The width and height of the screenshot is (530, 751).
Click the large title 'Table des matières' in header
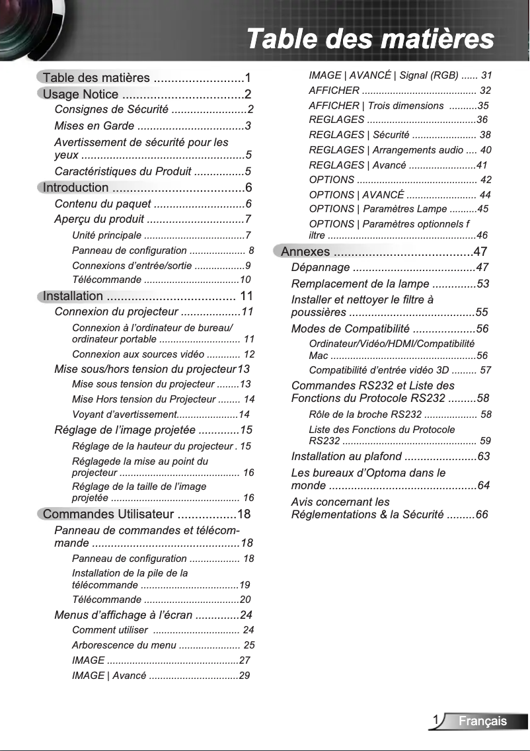(x=369, y=38)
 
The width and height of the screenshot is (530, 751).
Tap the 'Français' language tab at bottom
(x=483, y=721)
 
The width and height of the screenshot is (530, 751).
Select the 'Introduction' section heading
(x=75, y=188)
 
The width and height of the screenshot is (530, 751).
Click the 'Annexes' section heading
(x=305, y=252)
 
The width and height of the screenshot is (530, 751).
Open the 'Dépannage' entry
(x=321, y=268)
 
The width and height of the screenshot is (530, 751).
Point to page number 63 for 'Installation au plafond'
(x=483, y=457)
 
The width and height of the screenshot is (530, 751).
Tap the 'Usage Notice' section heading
(x=81, y=95)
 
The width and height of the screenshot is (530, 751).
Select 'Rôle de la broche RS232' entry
(x=365, y=415)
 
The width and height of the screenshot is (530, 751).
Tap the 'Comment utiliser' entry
(x=110, y=630)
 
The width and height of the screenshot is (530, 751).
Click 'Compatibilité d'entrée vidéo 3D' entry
(x=383, y=370)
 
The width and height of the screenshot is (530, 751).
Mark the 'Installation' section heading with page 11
(x=73, y=296)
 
